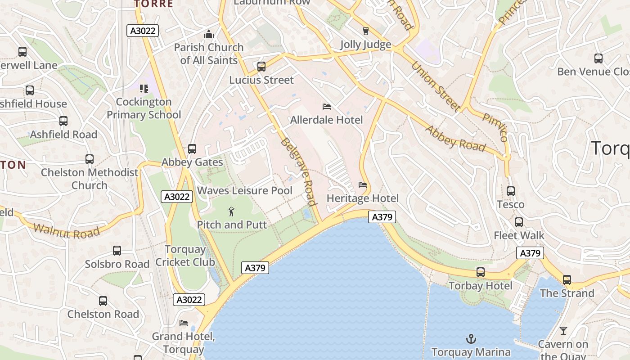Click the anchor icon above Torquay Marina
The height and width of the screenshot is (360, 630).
click(x=471, y=338)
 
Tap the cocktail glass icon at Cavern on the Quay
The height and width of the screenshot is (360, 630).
click(x=563, y=331)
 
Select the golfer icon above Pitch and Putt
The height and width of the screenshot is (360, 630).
click(x=231, y=211)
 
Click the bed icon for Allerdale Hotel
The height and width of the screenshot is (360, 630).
click(x=327, y=107)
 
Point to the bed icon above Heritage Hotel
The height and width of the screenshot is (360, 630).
click(x=362, y=185)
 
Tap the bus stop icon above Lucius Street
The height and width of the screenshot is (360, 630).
click(x=261, y=67)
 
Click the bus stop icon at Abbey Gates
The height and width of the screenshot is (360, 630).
click(x=192, y=149)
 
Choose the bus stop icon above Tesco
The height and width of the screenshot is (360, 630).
click(x=510, y=191)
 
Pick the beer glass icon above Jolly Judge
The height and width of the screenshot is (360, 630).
click(x=365, y=31)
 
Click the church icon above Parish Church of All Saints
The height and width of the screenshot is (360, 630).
click(x=208, y=34)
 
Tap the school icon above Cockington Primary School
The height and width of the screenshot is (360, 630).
click(x=144, y=88)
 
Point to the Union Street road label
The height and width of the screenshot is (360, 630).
click(x=436, y=86)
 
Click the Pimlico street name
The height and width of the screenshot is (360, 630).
click(x=495, y=127)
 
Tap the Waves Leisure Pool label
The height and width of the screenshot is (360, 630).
click(x=245, y=190)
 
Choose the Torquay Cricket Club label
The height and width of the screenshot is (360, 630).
click(x=185, y=256)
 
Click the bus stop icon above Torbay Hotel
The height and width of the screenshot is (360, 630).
click(x=481, y=272)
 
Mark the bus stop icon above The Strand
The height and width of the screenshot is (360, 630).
click(x=567, y=280)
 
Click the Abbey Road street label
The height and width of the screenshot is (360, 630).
click(x=455, y=139)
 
